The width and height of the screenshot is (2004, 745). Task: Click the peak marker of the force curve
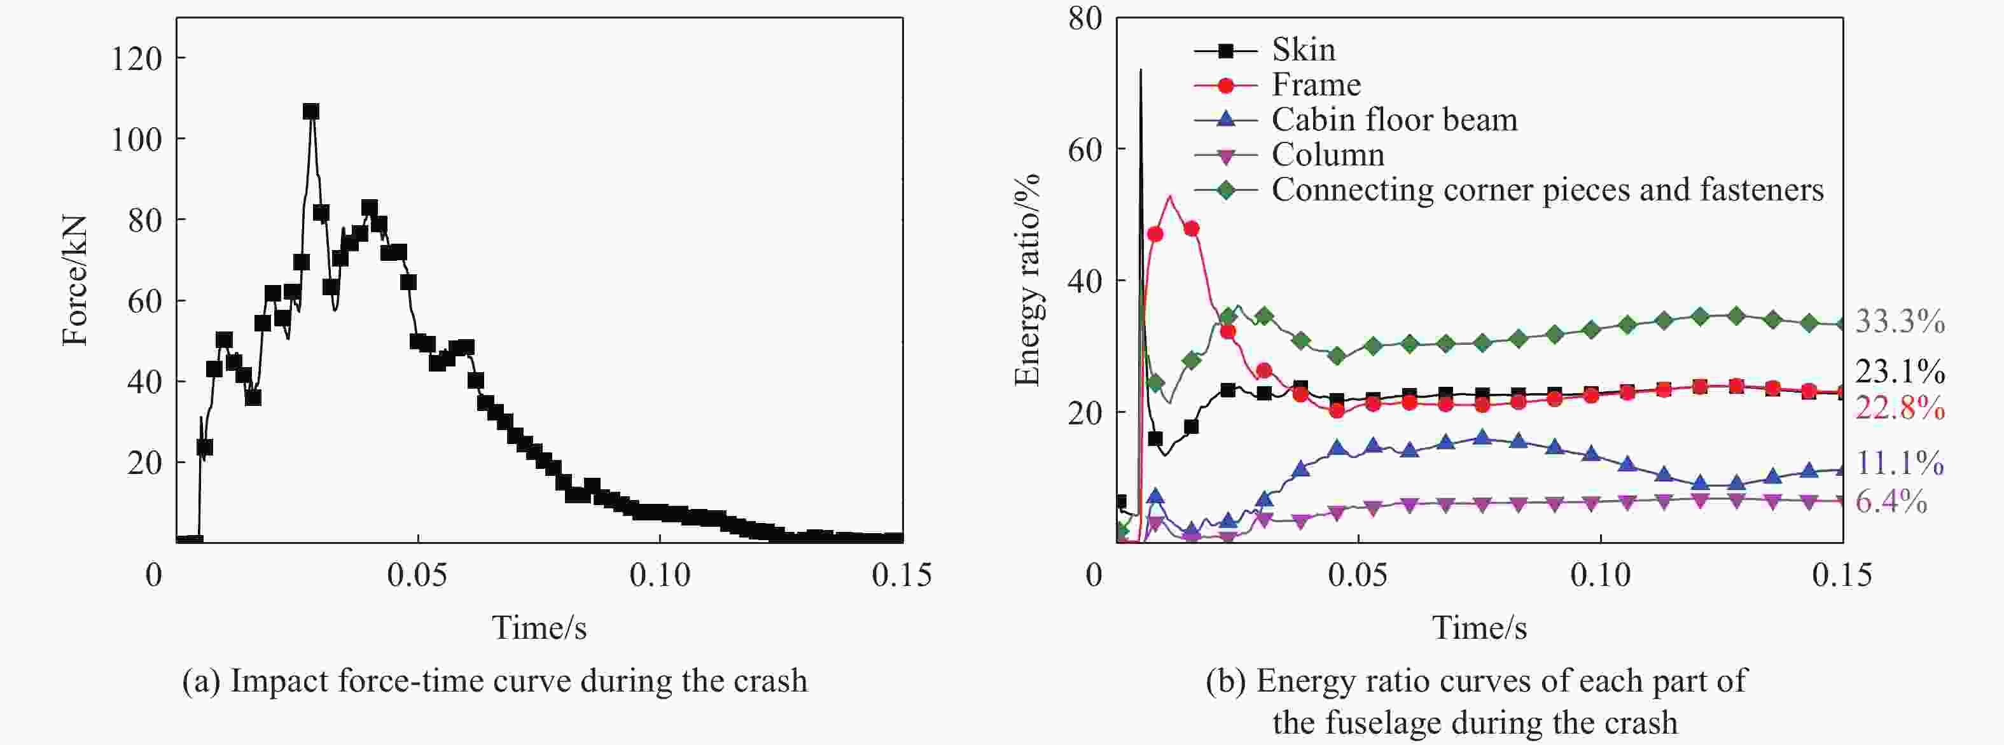[x=311, y=112]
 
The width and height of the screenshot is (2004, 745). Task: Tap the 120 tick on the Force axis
[x=136, y=59]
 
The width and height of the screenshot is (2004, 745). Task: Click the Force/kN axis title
[x=76, y=281]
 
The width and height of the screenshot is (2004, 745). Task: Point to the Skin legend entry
[x=1303, y=50]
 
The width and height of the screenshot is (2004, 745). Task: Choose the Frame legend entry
[x=1316, y=85]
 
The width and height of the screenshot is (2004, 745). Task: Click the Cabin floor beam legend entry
[x=1394, y=120]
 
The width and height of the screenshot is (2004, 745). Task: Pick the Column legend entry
[x=1327, y=155]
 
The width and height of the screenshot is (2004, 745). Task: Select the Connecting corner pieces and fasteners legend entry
[x=1547, y=190]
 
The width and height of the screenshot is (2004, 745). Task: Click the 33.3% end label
[x=1900, y=321]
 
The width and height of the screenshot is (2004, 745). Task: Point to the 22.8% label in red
[x=1900, y=408]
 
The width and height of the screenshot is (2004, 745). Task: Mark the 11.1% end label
[x=1900, y=464]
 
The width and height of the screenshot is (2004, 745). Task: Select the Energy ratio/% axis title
[x=1027, y=281]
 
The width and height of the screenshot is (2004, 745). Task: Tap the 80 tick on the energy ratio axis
[x=1085, y=18]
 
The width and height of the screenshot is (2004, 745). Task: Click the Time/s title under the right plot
[x=1479, y=627]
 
